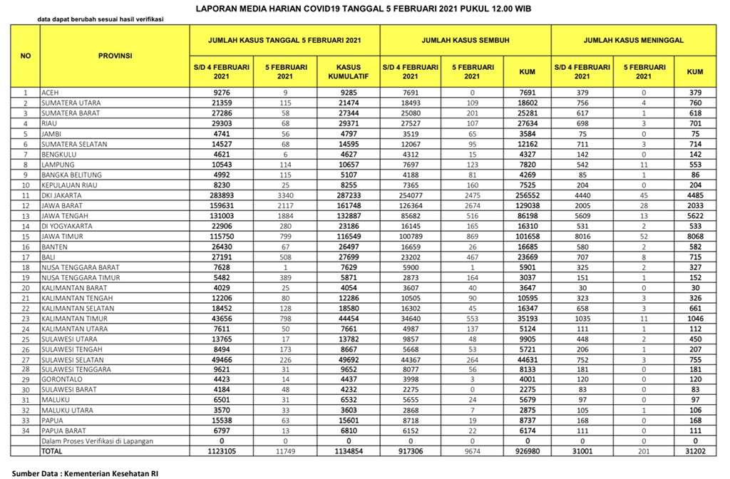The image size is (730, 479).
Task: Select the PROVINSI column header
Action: coord(115,55)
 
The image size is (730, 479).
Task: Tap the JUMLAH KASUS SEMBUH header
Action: coord(465,41)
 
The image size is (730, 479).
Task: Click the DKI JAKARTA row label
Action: coord(62,195)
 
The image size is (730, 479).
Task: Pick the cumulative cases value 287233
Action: coord(348,195)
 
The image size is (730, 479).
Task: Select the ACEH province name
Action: coord(50,93)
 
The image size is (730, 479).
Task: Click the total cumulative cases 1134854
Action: coord(348,451)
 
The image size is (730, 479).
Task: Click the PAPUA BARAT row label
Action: coord(64,431)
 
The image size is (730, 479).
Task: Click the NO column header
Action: coord(26,55)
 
